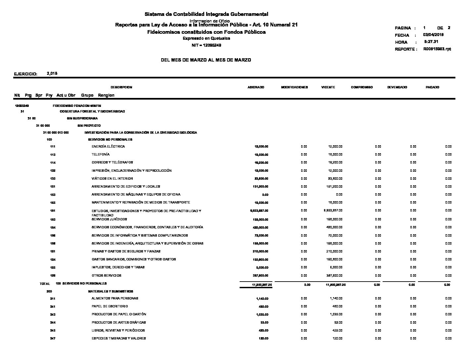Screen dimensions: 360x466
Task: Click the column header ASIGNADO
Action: [256, 87]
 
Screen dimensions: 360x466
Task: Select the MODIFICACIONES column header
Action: [294, 87]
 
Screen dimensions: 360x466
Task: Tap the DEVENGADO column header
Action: [397, 87]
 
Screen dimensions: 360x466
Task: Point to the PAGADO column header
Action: [432, 87]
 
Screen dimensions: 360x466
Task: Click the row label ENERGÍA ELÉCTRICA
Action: [108, 146]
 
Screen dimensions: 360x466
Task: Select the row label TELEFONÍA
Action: [101, 155]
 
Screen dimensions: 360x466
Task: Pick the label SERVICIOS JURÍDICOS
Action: [109, 219]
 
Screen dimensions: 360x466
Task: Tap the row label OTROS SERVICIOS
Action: [107, 275]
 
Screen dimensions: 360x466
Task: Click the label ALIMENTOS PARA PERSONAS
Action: [115, 298]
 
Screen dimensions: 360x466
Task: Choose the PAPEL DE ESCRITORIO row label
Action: [110, 306]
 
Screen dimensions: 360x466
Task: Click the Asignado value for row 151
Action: [260, 187]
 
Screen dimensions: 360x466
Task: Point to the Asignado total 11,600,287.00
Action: [262, 285]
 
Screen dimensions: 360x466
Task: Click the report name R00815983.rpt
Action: [437, 49]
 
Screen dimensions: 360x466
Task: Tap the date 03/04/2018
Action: [433, 35]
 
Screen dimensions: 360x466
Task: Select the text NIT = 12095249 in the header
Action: [207, 45]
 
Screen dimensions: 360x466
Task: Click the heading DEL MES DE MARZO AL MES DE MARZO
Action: [206, 60]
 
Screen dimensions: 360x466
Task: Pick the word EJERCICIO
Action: [25, 74]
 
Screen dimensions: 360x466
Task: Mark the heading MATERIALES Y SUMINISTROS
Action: [111, 292]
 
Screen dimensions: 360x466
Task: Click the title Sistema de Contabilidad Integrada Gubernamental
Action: [206, 14]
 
